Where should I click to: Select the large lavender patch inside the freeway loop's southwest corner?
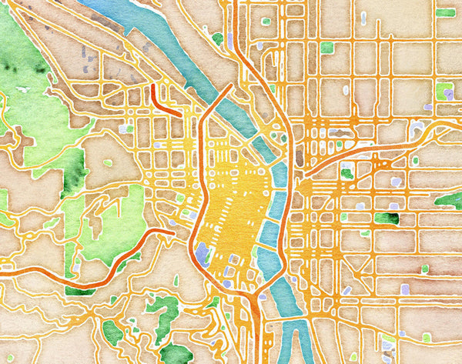pos(203,253)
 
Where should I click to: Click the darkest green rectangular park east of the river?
pos(386,219)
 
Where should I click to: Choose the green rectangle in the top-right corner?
pos(445,12)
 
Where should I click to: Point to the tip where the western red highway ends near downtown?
pos(175,231)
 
